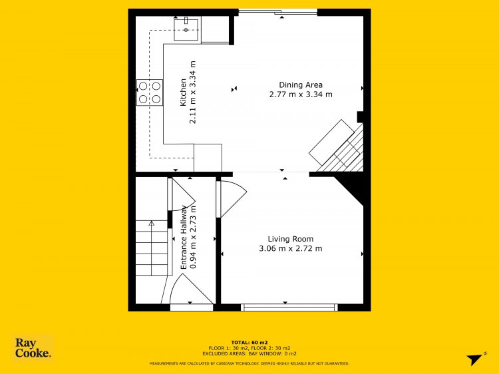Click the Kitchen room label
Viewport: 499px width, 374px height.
(x=183, y=93)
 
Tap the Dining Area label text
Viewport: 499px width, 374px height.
(x=301, y=85)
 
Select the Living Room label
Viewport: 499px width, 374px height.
(x=291, y=239)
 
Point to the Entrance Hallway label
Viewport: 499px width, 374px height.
(x=184, y=237)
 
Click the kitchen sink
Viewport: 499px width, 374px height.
(x=186, y=29)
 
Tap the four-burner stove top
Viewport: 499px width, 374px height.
(x=150, y=93)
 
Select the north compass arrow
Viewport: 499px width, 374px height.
(x=476, y=359)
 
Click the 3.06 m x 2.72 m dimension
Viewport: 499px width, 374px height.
(x=291, y=248)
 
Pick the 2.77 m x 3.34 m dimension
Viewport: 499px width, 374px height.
(x=301, y=94)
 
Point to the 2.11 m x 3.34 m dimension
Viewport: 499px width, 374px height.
(x=192, y=93)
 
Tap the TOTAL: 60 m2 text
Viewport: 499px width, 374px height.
(x=249, y=343)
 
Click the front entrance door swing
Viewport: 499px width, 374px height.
(x=191, y=289)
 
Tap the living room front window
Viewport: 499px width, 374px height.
(x=289, y=307)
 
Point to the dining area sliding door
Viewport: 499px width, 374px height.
(x=278, y=12)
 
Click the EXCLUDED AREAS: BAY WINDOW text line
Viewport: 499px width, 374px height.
(x=249, y=353)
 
